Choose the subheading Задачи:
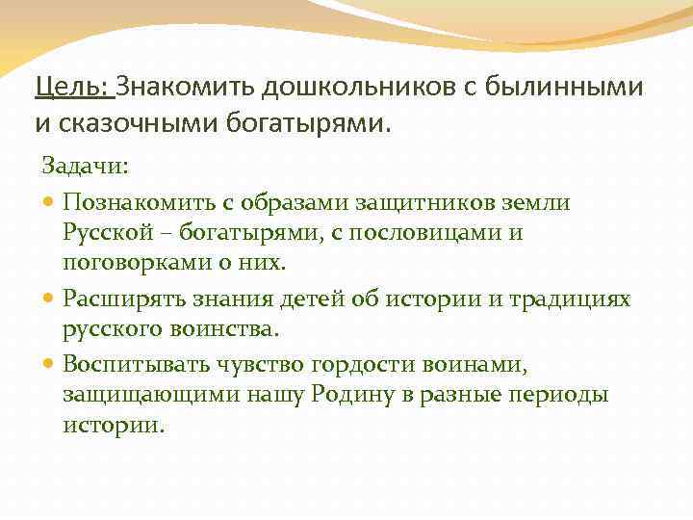click(x=85, y=167)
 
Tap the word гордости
click(x=352, y=364)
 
